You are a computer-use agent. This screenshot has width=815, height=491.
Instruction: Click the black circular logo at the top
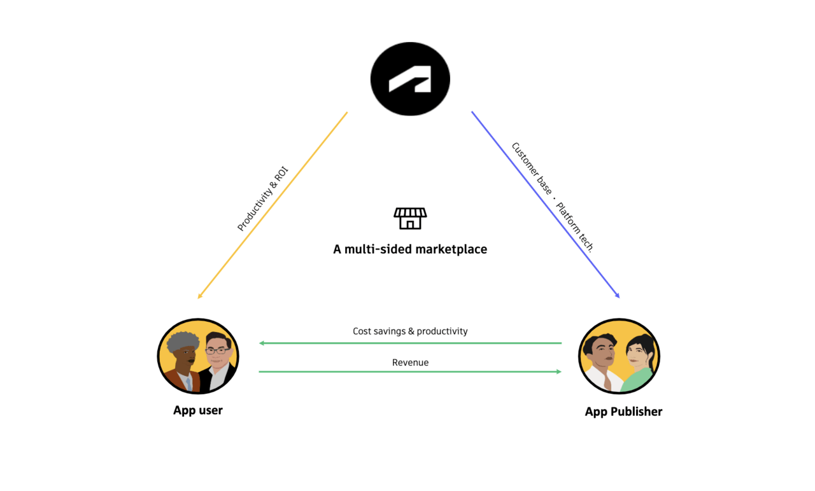tap(410, 79)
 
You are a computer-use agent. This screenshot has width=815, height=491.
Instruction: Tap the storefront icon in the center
tap(410, 218)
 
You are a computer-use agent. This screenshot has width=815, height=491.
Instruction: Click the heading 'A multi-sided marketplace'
tap(410, 249)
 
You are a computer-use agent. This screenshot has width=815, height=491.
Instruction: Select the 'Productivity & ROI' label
tap(262, 198)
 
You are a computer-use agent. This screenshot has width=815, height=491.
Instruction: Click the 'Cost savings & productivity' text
tap(410, 331)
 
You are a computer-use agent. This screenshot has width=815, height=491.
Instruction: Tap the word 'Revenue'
tap(410, 363)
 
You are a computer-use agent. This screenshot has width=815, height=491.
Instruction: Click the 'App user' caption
tap(198, 410)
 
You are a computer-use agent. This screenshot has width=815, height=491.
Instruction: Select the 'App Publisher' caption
tap(623, 411)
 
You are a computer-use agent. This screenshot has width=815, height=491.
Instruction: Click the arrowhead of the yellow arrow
tap(200, 296)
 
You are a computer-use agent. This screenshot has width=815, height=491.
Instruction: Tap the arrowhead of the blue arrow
tap(617, 295)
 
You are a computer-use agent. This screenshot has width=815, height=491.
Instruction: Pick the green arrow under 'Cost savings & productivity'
tap(410, 343)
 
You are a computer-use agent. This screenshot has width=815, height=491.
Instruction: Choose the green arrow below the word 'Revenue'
tap(410, 371)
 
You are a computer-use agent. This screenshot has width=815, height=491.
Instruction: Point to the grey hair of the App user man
tap(182, 341)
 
